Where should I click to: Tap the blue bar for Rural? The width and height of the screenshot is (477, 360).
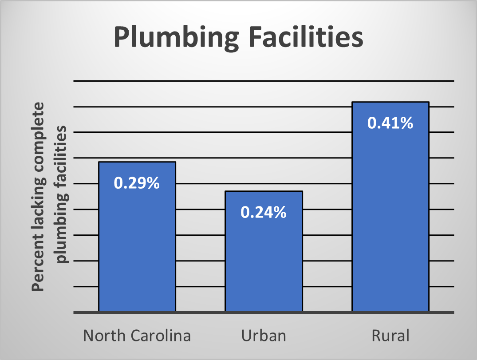coord(390,213)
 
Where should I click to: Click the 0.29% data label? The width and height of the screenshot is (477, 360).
coord(137,183)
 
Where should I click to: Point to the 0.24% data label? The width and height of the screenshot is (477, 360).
coord(264,213)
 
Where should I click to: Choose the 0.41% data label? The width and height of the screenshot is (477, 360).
coord(390,123)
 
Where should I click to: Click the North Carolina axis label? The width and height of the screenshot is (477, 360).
coord(137,336)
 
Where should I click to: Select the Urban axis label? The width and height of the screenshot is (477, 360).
coord(264,336)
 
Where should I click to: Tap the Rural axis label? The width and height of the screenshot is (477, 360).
coord(390,336)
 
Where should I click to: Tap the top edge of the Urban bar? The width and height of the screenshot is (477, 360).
coord(264,191)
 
